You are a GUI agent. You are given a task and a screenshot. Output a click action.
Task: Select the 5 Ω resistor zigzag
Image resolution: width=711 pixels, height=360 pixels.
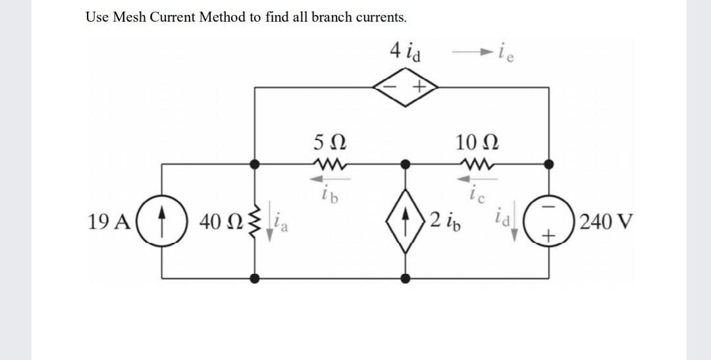(327, 163)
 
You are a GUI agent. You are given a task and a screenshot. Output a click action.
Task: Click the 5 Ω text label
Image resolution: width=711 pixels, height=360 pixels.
(327, 141)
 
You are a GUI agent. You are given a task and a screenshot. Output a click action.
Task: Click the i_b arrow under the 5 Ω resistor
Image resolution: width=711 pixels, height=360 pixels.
(327, 178)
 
